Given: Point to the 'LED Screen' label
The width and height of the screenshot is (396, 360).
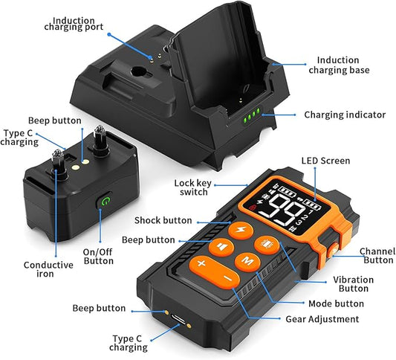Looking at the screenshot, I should pos(325,161).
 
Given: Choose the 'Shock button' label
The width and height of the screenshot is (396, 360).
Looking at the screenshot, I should pos(162,221).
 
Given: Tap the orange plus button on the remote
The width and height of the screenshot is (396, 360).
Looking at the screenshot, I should pos(201,263).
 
